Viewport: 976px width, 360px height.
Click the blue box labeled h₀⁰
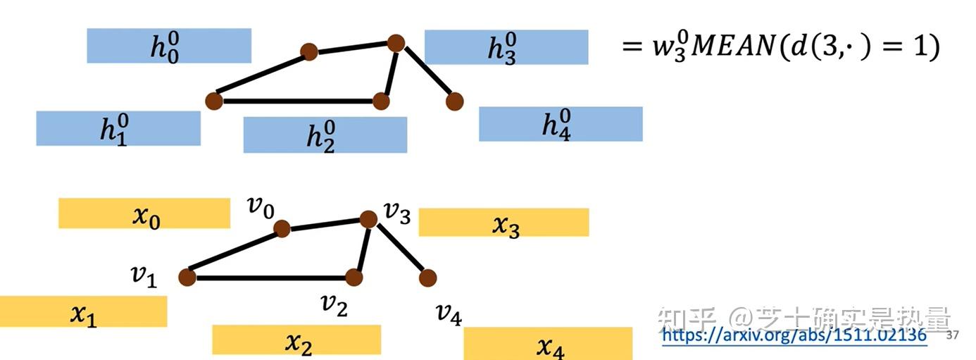[169, 46]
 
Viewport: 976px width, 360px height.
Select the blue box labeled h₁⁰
[118, 128]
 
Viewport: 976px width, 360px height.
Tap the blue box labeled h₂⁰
[325, 135]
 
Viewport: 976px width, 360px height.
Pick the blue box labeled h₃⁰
[506, 47]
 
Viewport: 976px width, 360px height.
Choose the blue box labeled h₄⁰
[561, 124]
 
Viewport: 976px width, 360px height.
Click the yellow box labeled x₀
[144, 213]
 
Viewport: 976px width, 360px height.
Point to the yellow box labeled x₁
[83, 311]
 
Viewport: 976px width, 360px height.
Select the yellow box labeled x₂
[296, 340]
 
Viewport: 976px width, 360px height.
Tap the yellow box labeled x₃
[503, 223]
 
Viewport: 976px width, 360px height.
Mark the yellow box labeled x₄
[548, 343]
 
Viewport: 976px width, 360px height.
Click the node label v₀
[261, 207]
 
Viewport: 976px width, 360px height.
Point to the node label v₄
[449, 315]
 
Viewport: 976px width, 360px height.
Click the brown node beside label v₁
[187, 277]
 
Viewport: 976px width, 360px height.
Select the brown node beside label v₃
[368, 219]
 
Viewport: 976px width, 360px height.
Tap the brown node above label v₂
[354, 277]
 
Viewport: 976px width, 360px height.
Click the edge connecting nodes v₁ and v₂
[270, 278]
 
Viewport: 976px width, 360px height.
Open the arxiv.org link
[794, 335]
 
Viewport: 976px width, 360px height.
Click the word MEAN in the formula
[734, 46]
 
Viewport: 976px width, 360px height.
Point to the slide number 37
[953, 335]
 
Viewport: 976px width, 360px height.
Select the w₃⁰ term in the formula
[670, 47]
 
